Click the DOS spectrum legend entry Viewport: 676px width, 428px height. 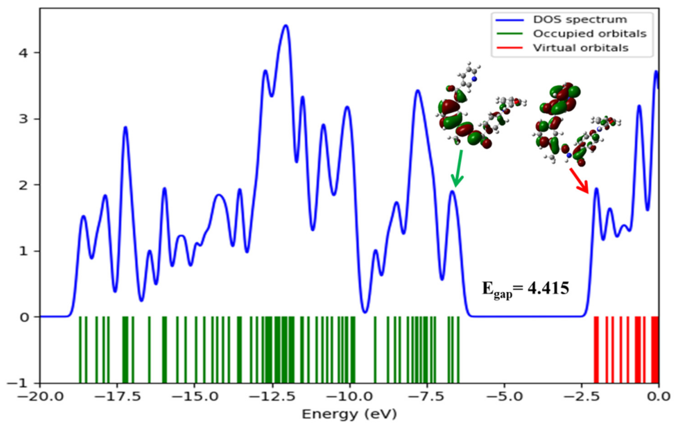point(580,20)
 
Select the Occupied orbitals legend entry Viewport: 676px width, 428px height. point(590,34)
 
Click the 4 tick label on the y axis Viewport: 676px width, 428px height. point(24,53)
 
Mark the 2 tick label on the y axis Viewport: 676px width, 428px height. point(24,185)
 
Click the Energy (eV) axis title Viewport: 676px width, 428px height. point(349,414)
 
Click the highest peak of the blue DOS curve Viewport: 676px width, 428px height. point(286,26)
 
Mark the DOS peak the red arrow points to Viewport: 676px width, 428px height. point(597,189)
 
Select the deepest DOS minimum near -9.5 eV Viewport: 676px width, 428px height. point(365,312)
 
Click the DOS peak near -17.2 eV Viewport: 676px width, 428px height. point(125,127)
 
